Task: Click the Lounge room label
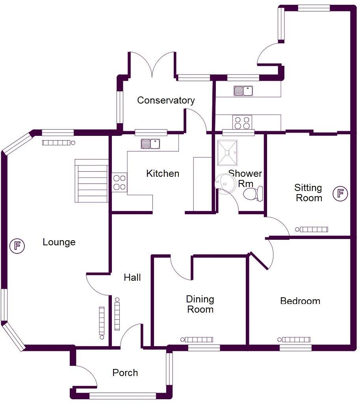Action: [59, 242]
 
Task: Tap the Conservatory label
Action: [166, 100]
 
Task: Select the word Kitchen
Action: [163, 173]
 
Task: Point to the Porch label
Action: [125, 372]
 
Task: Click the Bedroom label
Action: [300, 301]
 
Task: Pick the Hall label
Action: [132, 278]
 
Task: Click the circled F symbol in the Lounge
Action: [17, 246]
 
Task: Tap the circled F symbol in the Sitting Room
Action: [340, 193]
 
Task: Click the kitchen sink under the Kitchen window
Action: [150, 144]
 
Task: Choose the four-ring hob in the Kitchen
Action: [120, 182]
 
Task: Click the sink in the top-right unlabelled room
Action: [243, 91]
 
